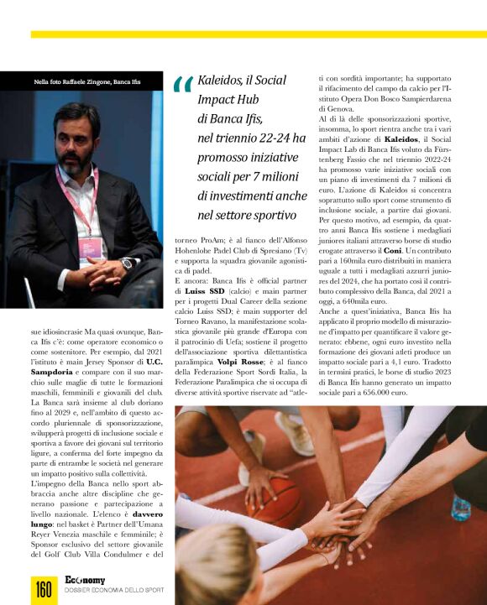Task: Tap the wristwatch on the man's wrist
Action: [127, 263]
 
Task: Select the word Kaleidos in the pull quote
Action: [220, 82]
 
